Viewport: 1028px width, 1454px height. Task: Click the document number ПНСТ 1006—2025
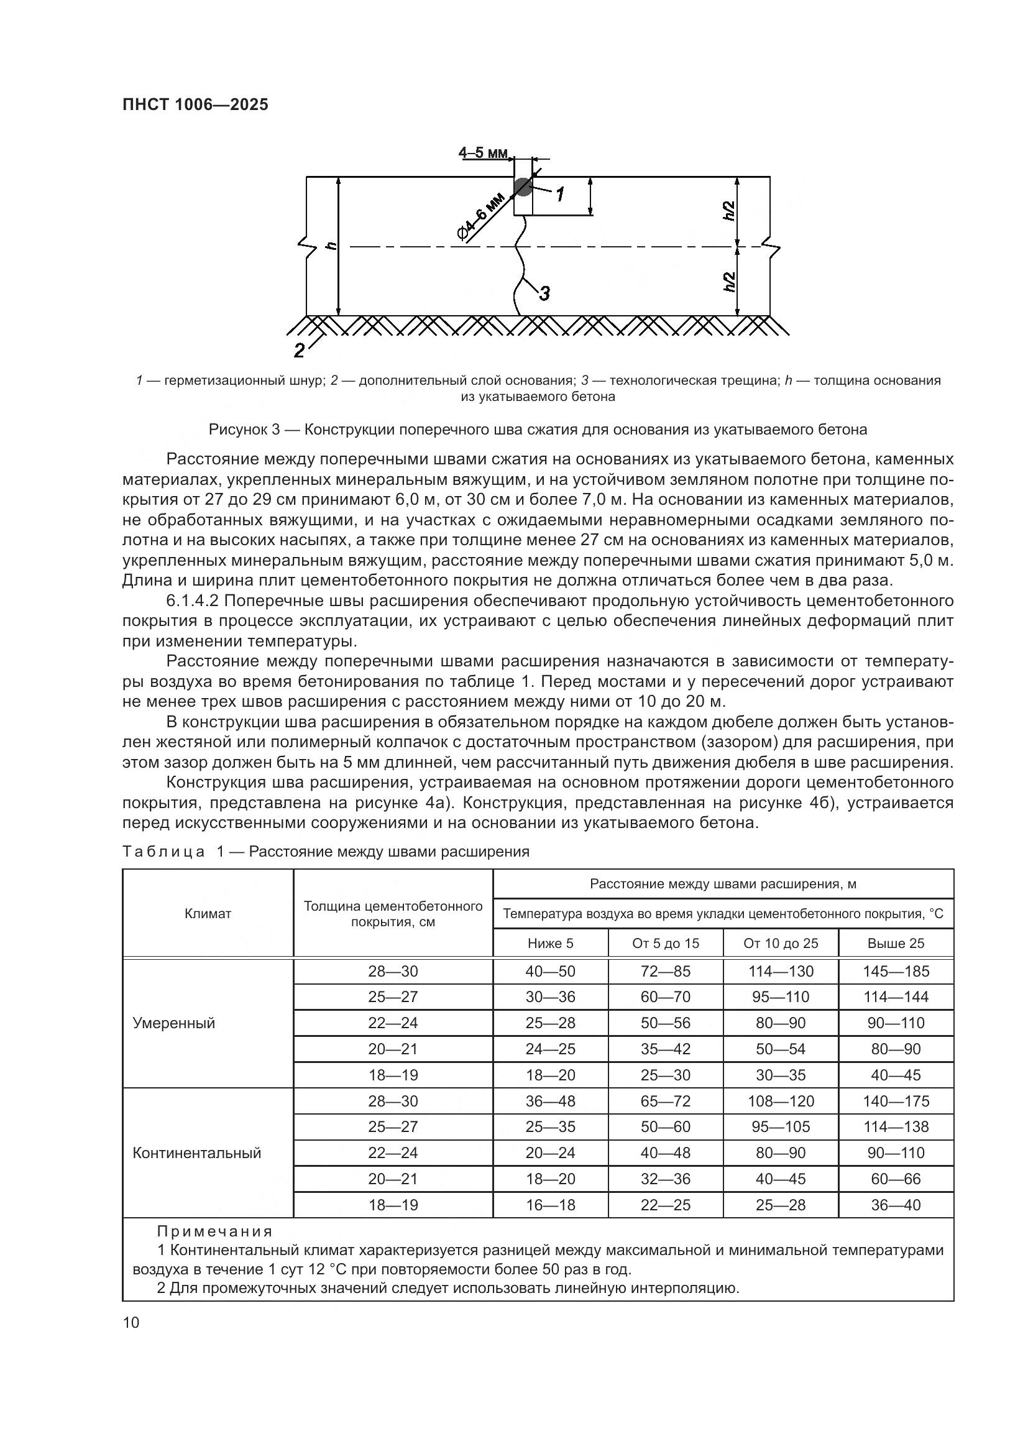tap(195, 104)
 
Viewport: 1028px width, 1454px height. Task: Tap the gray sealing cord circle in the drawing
tap(523, 187)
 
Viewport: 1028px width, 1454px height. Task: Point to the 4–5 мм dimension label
tap(483, 153)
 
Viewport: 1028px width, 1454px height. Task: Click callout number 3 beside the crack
tap(544, 293)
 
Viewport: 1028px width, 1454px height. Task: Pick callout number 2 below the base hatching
tap(300, 349)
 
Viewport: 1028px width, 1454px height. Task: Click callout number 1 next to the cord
tap(560, 194)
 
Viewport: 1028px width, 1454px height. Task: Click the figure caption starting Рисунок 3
tap(538, 430)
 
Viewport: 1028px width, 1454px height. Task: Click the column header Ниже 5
tap(550, 943)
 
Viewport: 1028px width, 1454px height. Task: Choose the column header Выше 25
tap(895, 943)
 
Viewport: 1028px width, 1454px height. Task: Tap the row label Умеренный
tap(174, 1023)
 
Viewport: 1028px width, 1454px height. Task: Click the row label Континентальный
tap(197, 1153)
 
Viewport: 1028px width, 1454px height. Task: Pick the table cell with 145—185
tap(896, 972)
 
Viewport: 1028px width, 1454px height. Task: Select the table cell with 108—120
tap(781, 1102)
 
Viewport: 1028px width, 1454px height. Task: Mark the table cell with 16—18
tap(550, 1205)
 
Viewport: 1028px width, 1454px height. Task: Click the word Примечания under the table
tap(214, 1231)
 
